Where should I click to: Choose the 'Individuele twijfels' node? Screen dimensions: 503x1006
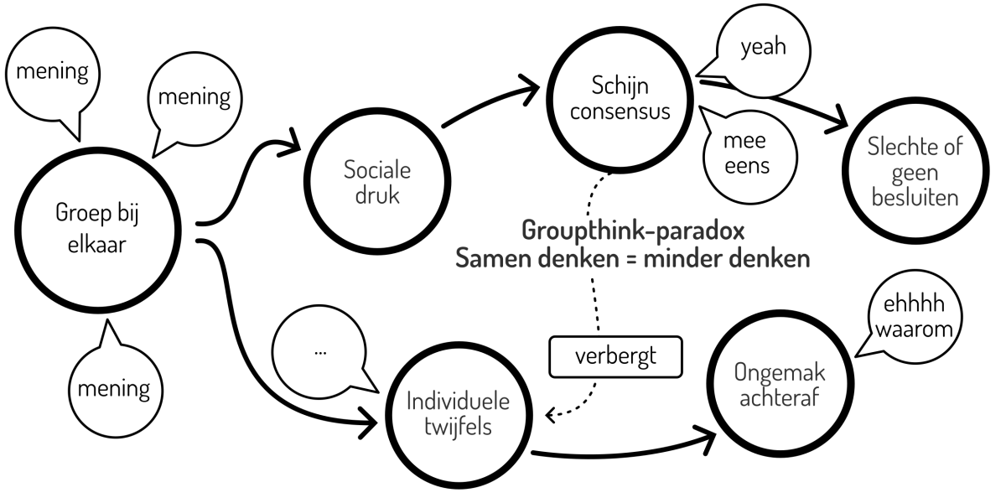456,416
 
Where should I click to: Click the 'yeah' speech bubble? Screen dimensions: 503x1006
763,49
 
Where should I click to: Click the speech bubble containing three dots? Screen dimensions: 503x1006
320,353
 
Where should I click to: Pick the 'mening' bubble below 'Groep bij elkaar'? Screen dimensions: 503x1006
114,386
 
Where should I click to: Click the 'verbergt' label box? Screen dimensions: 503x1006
614,355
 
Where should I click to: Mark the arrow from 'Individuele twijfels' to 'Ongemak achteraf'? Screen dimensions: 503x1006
620,451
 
